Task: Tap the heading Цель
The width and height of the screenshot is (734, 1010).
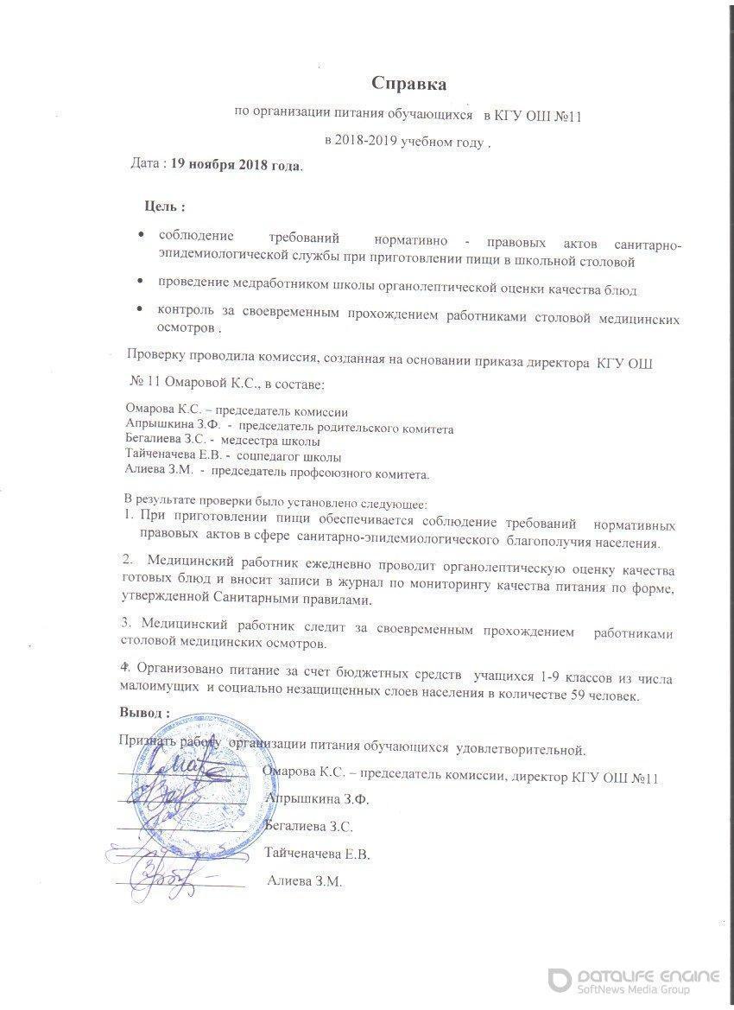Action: (x=164, y=207)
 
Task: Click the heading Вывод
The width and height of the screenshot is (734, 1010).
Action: (x=143, y=712)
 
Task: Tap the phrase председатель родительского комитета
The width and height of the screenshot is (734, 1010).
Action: (x=345, y=428)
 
